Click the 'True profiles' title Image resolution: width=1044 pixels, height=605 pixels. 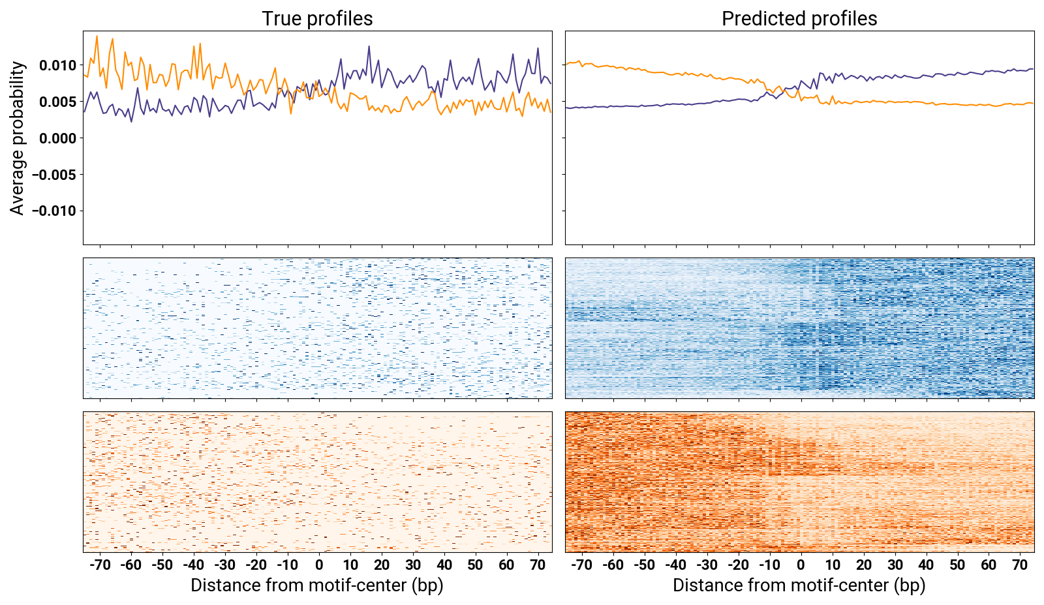[317, 19]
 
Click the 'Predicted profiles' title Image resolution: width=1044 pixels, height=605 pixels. [799, 19]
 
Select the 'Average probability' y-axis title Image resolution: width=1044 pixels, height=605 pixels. [18, 138]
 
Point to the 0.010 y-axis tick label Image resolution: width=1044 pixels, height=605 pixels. [57, 65]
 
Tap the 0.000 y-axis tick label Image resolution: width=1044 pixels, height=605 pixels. [57, 138]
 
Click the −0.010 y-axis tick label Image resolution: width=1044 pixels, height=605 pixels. [54, 211]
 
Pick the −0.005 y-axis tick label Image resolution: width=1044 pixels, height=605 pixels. [54, 175]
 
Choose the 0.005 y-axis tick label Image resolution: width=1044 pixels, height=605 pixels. [57, 102]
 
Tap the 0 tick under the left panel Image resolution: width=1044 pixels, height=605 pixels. [319, 565]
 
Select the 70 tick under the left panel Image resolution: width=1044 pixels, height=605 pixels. [538, 565]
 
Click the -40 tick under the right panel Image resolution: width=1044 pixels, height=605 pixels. [675, 565]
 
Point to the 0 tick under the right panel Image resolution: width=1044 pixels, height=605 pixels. [801, 565]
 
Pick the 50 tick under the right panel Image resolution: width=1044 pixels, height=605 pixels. [957, 565]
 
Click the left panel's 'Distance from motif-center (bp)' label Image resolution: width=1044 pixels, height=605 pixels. [317, 585]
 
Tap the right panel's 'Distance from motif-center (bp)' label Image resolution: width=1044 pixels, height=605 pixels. [799, 585]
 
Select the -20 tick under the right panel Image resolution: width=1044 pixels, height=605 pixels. [738, 565]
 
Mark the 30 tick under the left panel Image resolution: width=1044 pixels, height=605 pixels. [413, 565]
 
